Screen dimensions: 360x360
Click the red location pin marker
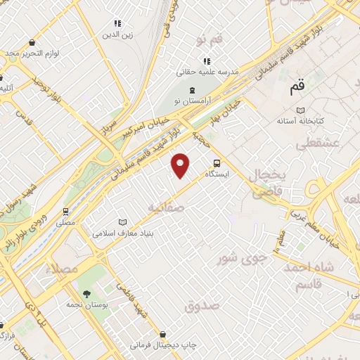(x=181, y=164)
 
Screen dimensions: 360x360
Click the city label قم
(x=297, y=88)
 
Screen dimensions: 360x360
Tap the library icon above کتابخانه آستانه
(x=301, y=110)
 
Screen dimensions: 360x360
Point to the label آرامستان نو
(x=193, y=101)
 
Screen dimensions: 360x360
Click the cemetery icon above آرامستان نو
(x=193, y=89)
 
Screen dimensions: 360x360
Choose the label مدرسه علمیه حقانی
(x=209, y=72)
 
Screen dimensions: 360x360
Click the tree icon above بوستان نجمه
(x=86, y=293)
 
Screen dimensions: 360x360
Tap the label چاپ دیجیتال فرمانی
(x=163, y=346)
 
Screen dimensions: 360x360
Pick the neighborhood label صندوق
(x=202, y=306)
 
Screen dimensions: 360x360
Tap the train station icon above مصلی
(x=65, y=211)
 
